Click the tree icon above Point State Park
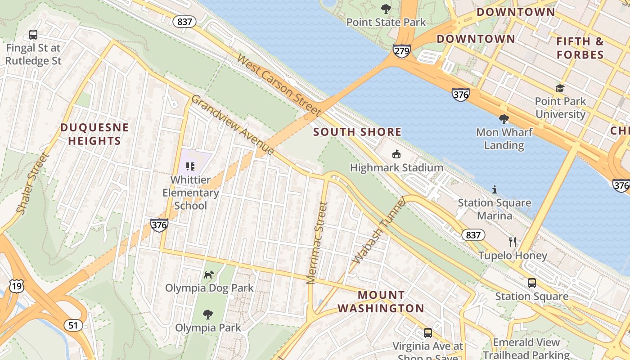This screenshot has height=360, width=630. [386, 9]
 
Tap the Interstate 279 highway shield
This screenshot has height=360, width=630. [401, 51]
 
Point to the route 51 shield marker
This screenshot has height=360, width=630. [73, 325]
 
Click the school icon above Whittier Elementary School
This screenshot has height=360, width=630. [190, 166]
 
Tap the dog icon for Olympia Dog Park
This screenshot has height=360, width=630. [209, 274]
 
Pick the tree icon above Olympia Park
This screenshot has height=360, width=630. [208, 315]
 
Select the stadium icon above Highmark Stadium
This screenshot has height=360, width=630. [396, 154]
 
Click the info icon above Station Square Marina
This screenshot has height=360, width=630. [495, 189]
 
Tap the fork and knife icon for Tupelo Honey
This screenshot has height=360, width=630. [513, 242]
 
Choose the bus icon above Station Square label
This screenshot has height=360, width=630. [532, 283]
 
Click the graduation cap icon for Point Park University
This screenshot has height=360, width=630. [560, 88]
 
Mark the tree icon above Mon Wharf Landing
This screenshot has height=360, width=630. [504, 119]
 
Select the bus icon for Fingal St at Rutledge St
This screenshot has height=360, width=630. [33, 34]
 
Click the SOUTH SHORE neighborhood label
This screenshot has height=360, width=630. [357, 132]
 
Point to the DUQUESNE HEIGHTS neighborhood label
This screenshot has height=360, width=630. [94, 134]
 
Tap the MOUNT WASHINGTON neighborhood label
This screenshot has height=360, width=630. [381, 301]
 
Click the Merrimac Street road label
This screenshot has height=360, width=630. [317, 243]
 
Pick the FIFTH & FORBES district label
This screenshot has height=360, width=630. [580, 48]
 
